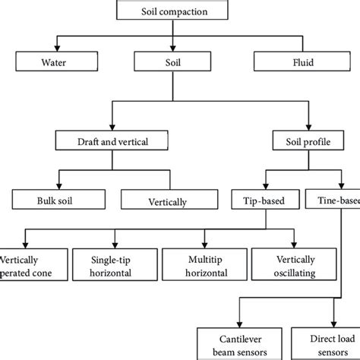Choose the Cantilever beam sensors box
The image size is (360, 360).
[x=240, y=343]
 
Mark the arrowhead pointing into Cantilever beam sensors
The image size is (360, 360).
[x=240, y=324]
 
